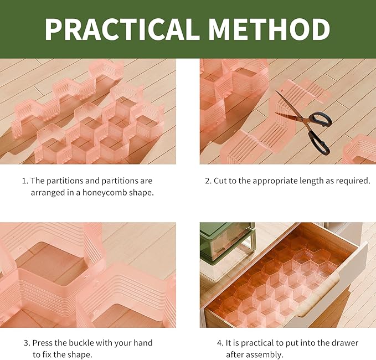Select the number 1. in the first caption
coord(25,181)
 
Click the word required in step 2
coord(352,181)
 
